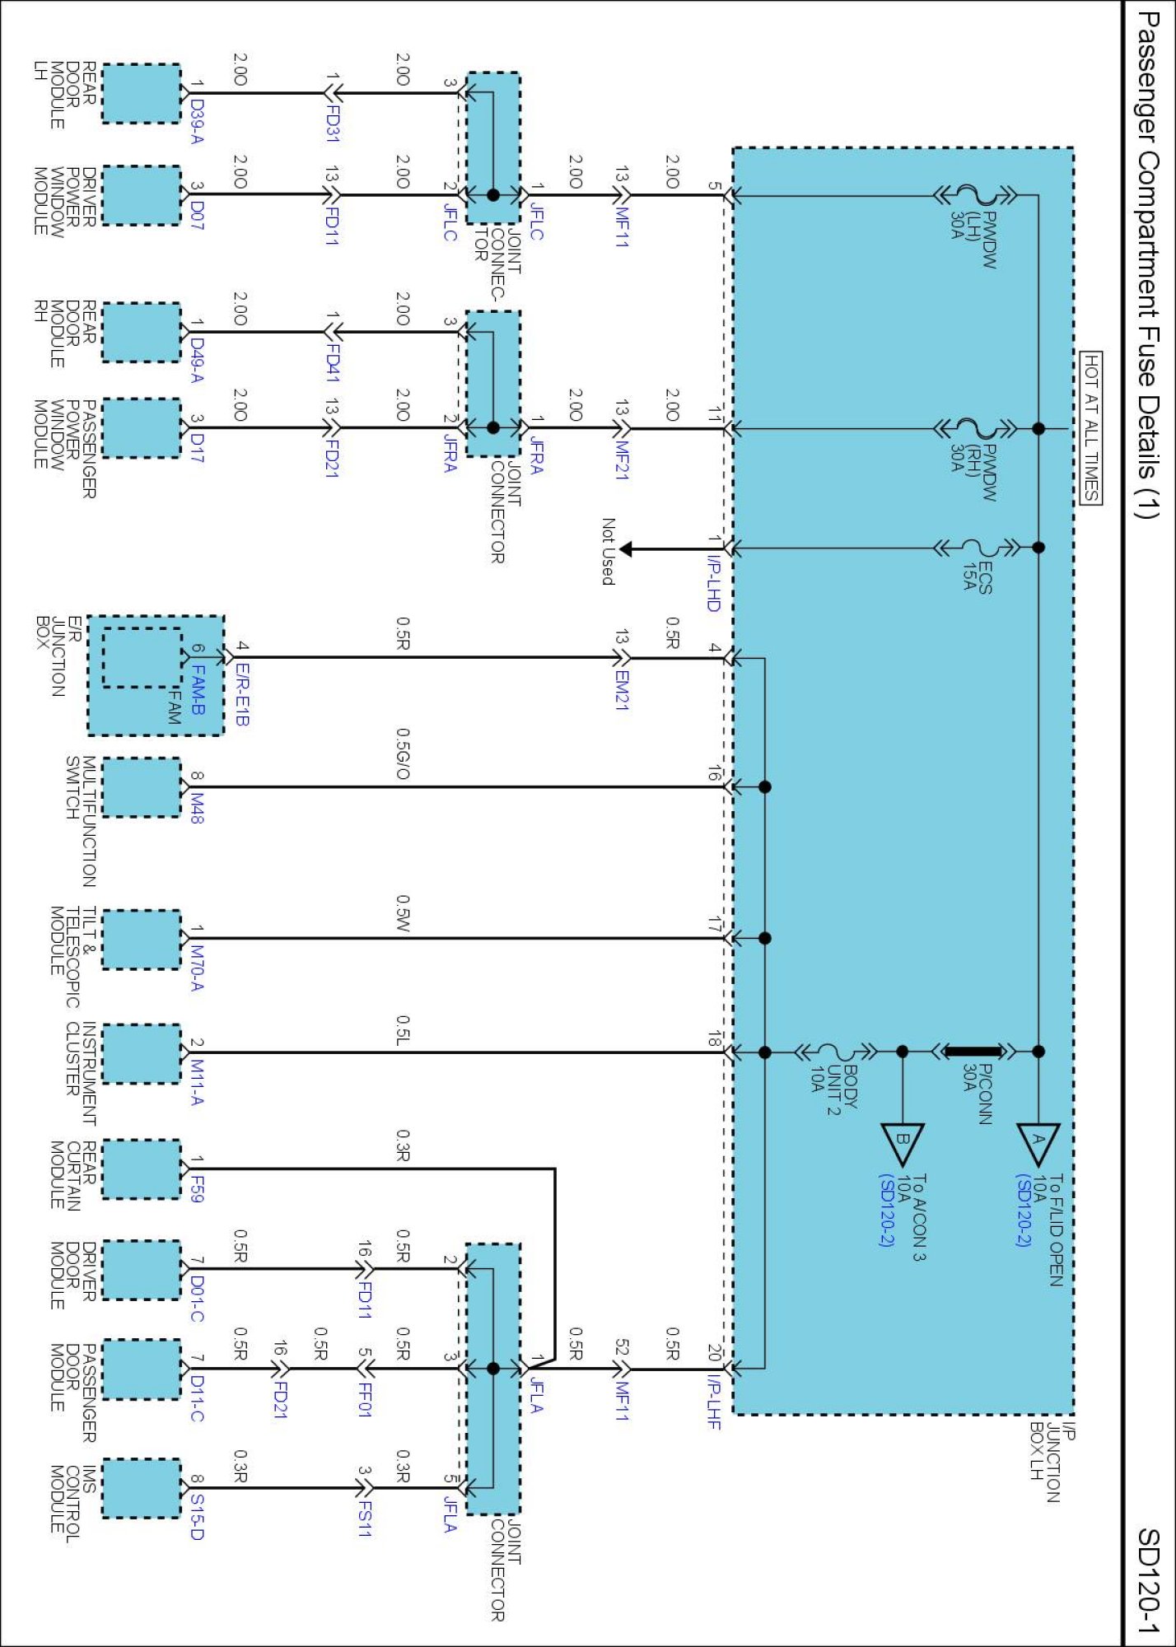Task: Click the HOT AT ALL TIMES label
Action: click(x=1090, y=427)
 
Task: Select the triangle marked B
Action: click(x=903, y=1141)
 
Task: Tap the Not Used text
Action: click(x=608, y=552)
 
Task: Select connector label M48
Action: click(x=196, y=808)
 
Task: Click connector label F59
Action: click(x=196, y=1188)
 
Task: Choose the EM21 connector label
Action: click(x=622, y=690)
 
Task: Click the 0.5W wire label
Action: click(x=403, y=914)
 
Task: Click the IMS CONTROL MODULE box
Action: click(x=141, y=1488)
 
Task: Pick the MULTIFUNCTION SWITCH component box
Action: click(x=141, y=787)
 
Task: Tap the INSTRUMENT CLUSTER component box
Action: click(x=141, y=1053)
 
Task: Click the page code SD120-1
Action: click(x=1148, y=1581)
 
